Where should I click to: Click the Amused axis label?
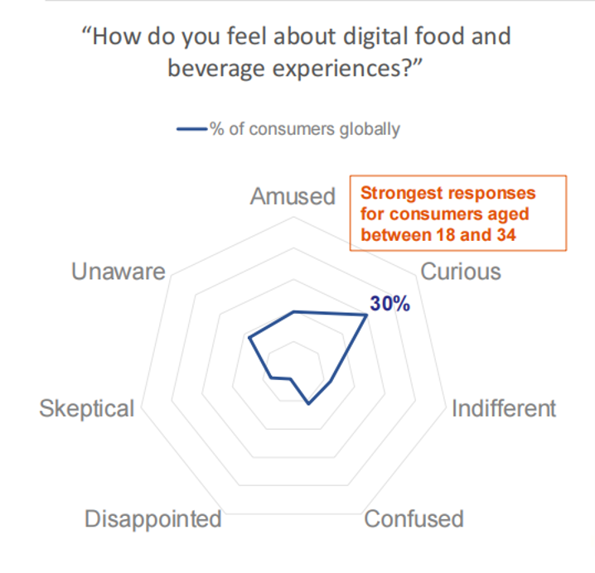(x=293, y=196)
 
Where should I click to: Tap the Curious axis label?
(x=462, y=272)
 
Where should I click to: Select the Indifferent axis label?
(x=503, y=408)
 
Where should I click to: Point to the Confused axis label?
(x=414, y=519)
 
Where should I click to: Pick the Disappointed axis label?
(x=153, y=519)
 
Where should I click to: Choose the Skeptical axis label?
(x=86, y=408)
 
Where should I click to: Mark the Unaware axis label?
(x=119, y=272)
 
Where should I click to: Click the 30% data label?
(x=389, y=304)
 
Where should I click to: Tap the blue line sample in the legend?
(x=191, y=129)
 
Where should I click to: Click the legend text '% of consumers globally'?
(x=305, y=129)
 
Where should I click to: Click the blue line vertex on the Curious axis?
(x=366, y=315)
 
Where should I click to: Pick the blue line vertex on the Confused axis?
(x=308, y=403)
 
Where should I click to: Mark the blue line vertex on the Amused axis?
(x=294, y=311)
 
